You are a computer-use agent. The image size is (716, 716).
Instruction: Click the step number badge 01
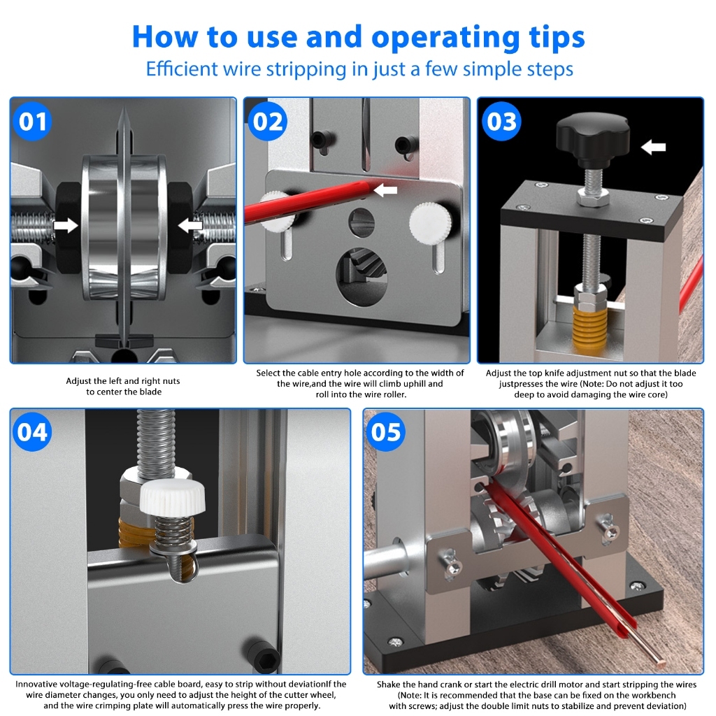(32, 122)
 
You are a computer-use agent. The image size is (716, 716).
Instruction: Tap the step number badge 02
(268, 122)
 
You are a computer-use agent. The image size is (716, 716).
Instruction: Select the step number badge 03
(501, 122)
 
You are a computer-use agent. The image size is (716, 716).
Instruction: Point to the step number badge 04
(32, 432)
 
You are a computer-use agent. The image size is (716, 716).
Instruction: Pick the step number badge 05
(386, 432)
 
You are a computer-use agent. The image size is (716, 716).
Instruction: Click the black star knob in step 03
(593, 137)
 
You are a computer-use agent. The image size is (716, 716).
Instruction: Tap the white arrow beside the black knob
(654, 147)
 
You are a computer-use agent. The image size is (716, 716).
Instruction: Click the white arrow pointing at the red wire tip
(385, 190)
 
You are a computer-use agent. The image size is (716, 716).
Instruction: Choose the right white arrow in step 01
(190, 225)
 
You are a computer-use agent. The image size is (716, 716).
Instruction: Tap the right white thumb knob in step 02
(430, 222)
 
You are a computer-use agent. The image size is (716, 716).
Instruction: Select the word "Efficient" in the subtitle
(182, 69)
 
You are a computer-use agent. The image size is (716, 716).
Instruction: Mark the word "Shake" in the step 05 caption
(389, 685)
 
